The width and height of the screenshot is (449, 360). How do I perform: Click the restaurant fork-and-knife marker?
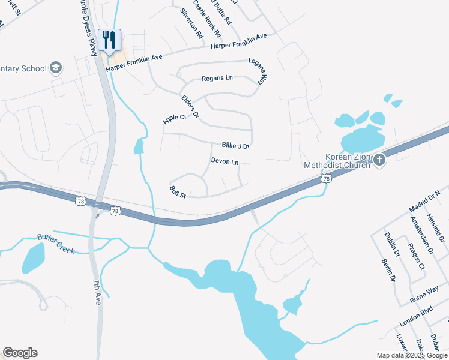coord(109,40)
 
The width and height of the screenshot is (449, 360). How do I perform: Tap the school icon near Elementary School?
coord(56,67)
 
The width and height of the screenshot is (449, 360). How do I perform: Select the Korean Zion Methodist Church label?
coord(339,160)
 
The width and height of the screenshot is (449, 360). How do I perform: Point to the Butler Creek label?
coord(56,244)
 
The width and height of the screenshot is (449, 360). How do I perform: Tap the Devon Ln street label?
coord(225,162)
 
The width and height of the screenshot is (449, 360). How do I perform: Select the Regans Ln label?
coord(217,79)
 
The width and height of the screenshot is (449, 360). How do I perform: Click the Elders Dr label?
coord(190,106)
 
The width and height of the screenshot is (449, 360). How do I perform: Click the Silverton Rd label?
coord(191,23)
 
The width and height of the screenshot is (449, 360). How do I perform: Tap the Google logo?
coord(20,353)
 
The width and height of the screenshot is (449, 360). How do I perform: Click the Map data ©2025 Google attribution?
coord(411,355)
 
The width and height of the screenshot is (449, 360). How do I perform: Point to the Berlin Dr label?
coord(388,270)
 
